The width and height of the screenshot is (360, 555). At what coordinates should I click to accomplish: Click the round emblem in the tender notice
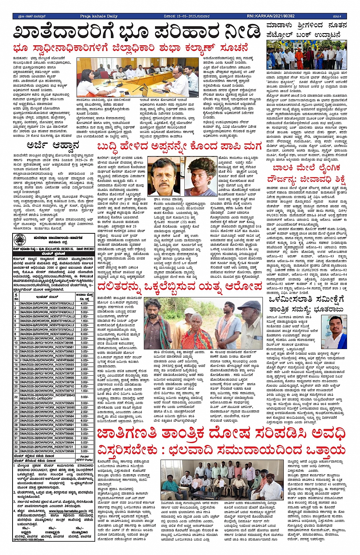coord(18,241)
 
